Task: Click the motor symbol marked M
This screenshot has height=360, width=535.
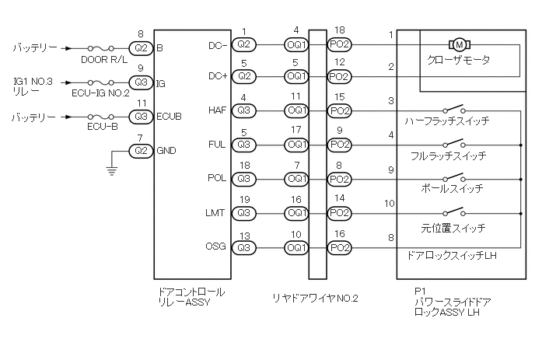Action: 460,44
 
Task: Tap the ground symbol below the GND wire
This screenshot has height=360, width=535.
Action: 111,170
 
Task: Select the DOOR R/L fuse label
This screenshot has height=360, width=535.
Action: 104,60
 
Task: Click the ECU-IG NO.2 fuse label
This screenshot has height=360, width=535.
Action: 100,93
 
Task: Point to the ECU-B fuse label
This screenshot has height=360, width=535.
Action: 103,127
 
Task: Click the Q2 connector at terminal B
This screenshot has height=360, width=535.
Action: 141,47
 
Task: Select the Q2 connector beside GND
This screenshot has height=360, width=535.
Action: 141,151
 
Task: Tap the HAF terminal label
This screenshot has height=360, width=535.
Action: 218,110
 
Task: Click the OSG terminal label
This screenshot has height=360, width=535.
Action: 215,246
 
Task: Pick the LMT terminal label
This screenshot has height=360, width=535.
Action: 215,213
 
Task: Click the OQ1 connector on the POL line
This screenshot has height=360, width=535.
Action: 296,179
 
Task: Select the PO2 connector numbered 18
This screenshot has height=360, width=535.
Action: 340,44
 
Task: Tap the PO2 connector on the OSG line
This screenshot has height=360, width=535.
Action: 340,248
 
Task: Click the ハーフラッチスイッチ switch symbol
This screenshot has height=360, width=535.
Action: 454,109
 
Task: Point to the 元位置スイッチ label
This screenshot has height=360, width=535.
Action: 453,228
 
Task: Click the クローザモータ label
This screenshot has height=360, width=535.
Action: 458,61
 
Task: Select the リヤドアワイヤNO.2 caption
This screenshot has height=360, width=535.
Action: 315,299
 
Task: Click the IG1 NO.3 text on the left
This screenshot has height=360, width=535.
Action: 33,82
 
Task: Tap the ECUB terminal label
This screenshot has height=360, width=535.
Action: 169,117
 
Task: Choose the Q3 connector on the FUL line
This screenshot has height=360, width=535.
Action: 244,145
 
